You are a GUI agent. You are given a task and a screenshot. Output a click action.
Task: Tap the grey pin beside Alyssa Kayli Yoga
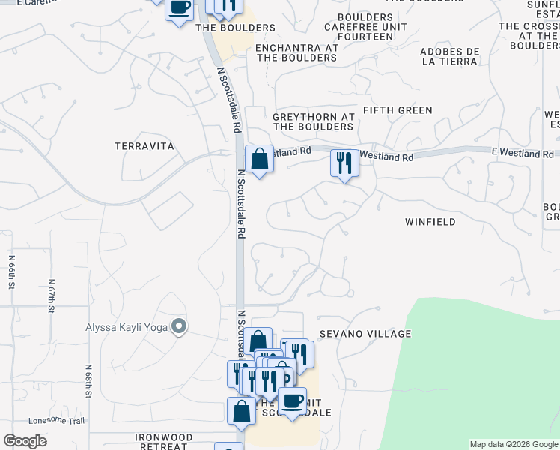coord(179,326)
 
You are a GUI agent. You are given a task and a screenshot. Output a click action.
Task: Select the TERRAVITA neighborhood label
coord(144,146)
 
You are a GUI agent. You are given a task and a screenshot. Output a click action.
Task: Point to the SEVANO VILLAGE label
coord(365,333)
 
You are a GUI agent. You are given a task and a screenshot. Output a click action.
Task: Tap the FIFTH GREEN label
coord(398,110)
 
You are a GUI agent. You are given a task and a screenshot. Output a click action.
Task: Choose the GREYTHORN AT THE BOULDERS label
coord(314,122)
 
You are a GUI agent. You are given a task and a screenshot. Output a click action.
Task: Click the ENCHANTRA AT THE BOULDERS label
coord(297,52)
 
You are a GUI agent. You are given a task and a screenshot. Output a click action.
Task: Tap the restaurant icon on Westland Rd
coord(344,163)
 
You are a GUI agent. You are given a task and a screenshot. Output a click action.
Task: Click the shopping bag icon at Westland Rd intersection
coord(259,160)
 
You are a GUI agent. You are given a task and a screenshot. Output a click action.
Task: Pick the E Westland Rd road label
coord(522,153)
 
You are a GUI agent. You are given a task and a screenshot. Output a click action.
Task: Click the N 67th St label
coord(52,298)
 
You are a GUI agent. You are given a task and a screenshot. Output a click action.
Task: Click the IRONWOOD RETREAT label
coord(163,441)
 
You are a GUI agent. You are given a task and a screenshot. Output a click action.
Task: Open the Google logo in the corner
coord(25,441)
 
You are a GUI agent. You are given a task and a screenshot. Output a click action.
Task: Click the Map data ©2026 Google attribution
coord(514,444)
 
